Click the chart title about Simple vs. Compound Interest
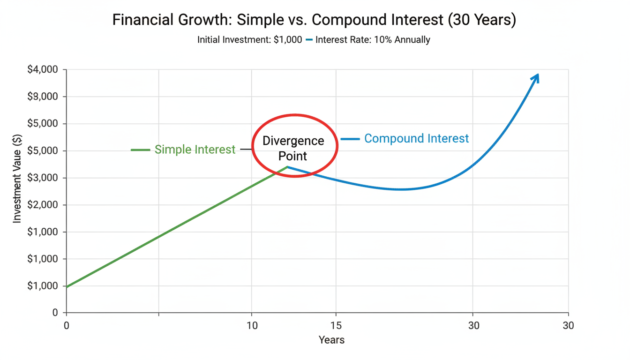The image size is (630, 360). tap(314, 21)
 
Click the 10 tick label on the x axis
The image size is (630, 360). tap(252, 326)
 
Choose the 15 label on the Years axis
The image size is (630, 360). tap(336, 326)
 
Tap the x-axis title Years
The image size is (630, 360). tap(331, 340)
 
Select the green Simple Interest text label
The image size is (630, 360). tap(195, 150)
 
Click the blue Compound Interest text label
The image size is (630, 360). tap(416, 139)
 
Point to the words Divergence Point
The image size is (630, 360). tap(293, 148)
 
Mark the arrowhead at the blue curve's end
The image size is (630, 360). tap(536, 78)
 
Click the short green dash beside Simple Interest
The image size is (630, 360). tap(140, 150)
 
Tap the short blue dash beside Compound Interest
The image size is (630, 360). tap(350, 139)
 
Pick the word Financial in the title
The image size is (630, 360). tap(142, 21)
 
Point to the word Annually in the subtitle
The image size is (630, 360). tap(412, 40)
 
